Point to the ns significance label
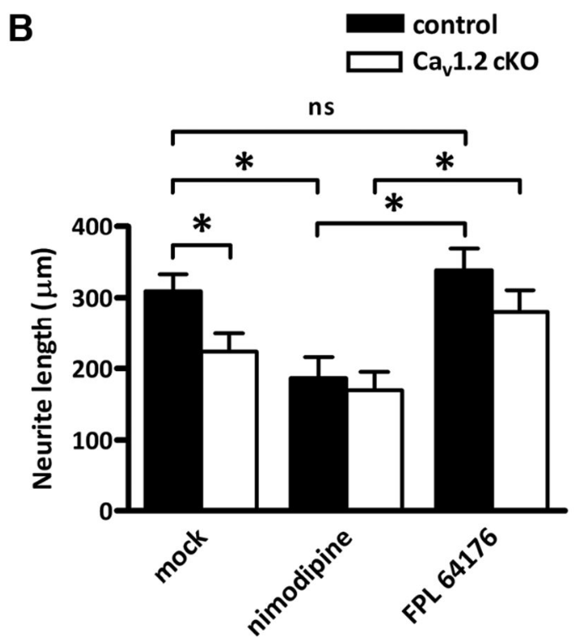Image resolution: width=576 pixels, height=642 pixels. click(x=319, y=111)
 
